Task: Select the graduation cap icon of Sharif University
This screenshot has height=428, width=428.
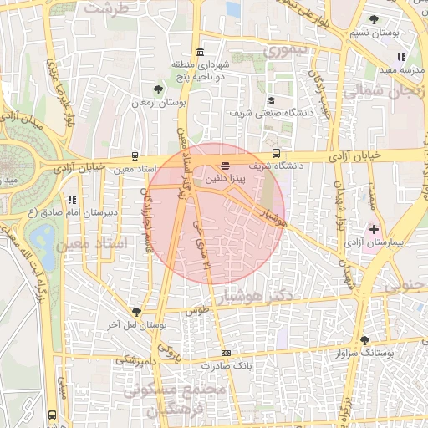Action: coord(270,100)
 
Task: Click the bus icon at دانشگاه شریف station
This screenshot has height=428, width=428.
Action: coord(277,153)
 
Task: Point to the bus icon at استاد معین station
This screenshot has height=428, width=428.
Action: coord(135,156)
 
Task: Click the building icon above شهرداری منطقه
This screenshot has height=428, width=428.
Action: coord(200,52)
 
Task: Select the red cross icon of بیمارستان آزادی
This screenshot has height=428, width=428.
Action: coord(373,228)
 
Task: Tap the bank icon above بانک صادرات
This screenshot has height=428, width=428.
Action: coord(226,354)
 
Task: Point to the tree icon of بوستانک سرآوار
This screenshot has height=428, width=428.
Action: coord(364,340)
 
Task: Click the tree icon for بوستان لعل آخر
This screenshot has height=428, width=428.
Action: coord(136,312)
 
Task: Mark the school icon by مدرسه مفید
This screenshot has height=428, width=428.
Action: coord(402,58)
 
